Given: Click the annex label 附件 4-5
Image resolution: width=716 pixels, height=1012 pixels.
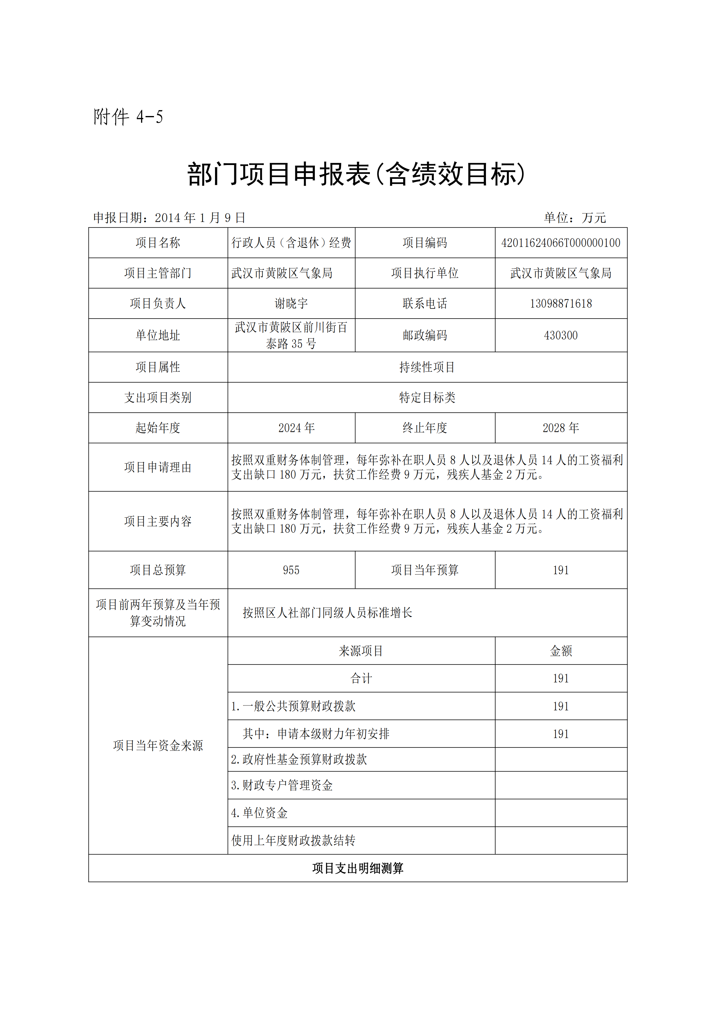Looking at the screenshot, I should pyautogui.click(x=128, y=117).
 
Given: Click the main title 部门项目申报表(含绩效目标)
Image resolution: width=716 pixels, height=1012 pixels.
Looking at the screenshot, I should pyautogui.click(x=356, y=174).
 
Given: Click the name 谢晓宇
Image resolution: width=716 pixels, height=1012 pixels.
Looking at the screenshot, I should pyautogui.click(x=291, y=304).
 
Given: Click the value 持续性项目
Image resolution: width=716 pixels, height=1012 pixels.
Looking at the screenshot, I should pyautogui.click(x=427, y=367).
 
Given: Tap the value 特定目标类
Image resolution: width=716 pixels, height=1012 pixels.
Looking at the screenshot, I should pyautogui.click(x=427, y=398).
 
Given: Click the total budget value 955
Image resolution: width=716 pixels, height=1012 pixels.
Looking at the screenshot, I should pyautogui.click(x=291, y=570).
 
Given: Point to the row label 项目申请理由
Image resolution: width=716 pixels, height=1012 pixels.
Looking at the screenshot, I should pyautogui.click(x=158, y=467).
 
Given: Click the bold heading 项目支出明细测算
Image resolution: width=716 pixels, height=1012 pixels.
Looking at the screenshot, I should pyautogui.click(x=358, y=868).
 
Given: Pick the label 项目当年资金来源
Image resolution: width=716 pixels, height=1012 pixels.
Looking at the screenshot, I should pyautogui.click(x=158, y=746).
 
